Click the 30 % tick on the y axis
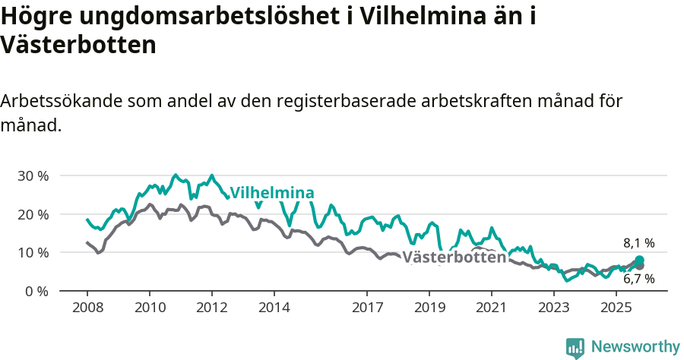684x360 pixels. pos(33,175)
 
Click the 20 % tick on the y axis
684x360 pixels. pos(33,214)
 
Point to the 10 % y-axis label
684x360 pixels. pos(33,252)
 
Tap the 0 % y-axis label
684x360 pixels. pos(36,291)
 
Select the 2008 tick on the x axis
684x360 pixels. pos(87,308)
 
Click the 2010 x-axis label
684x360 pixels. pos(150,308)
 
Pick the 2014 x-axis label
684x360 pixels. pos(274,308)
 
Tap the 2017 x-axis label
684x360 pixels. pos(367,308)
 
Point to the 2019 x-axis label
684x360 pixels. pos(429,308)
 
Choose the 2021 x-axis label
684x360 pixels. pos(492,308)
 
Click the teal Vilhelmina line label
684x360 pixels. pos(272,192)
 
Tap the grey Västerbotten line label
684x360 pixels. pos(454,257)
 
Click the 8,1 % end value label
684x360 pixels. pos(639,243)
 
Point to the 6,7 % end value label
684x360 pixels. pos(639,279)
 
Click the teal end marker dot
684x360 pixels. pos(639,261)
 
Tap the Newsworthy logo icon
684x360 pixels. pos(575,347)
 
